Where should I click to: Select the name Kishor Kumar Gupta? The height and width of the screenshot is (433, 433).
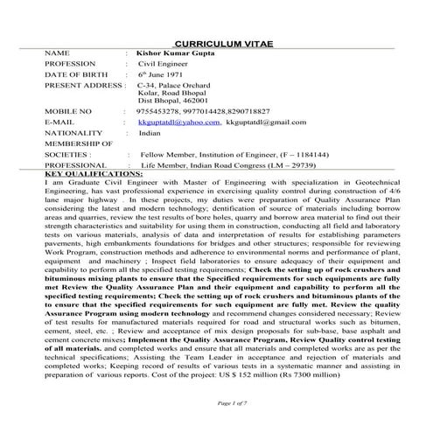point(179,53)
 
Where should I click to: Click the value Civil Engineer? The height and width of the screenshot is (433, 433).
point(164,65)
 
